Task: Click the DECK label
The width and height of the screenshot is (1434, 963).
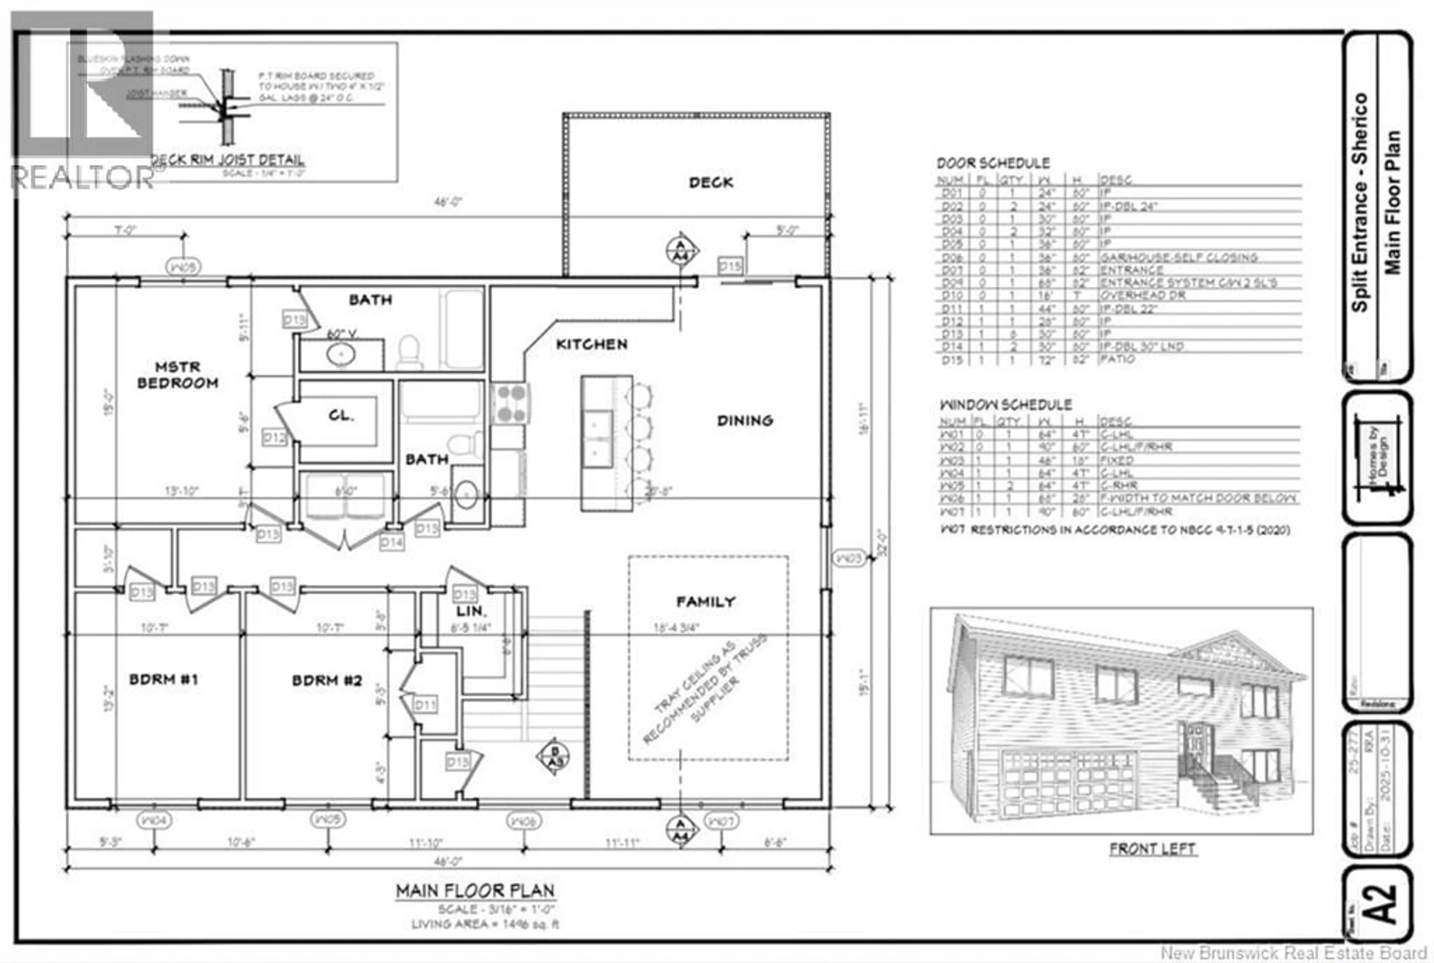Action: [x=711, y=183]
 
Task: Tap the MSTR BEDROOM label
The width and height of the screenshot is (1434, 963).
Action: [x=177, y=375]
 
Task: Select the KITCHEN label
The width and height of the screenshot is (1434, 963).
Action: [x=592, y=345]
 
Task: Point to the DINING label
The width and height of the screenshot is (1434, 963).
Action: [x=745, y=421]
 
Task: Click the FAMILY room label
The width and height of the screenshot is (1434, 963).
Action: [x=705, y=602]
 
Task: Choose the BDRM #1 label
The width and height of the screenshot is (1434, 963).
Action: [x=164, y=679]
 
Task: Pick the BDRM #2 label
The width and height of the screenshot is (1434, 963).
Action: [x=327, y=680]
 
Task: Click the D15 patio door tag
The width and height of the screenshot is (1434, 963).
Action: [x=730, y=266]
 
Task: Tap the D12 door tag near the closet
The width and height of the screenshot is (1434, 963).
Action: [x=274, y=437]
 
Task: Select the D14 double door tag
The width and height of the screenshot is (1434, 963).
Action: [x=391, y=542]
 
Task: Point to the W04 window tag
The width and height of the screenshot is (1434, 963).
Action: [x=153, y=820]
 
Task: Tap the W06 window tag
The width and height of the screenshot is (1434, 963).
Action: [x=524, y=820]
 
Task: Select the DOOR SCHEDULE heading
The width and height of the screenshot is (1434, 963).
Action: [x=993, y=163]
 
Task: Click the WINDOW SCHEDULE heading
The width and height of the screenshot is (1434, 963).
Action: [x=1005, y=405]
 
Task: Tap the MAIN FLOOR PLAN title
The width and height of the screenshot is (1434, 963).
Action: [x=475, y=891]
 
